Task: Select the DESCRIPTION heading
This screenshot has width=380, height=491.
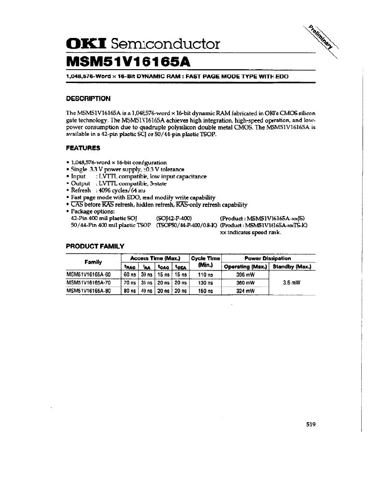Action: pyautogui.click(x=88, y=98)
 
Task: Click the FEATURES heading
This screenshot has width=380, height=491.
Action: pyautogui.click(x=83, y=148)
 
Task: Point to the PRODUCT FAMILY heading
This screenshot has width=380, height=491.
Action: pyautogui.click(x=95, y=245)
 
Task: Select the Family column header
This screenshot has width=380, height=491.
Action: pyautogui.click(x=93, y=262)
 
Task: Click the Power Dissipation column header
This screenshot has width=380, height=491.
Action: pyautogui.click(x=268, y=258)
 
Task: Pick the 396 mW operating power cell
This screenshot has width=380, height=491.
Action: pyautogui.click(x=245, y=275)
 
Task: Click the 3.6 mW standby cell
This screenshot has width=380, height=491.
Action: pyautogui.click(x=291, y=283)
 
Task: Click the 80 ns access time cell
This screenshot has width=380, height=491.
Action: pyautogui.click(x=129, y=291)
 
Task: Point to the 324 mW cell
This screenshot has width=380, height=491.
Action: pyautogui.click(x=245, y=291)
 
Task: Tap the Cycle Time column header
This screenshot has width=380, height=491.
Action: pyautogui.click(x=205, y=262)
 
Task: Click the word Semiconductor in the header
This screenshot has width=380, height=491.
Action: pyautogui.click(x=165, y=44)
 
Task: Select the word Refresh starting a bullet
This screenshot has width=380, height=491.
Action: pyautogui.click(x=81, y=190)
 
